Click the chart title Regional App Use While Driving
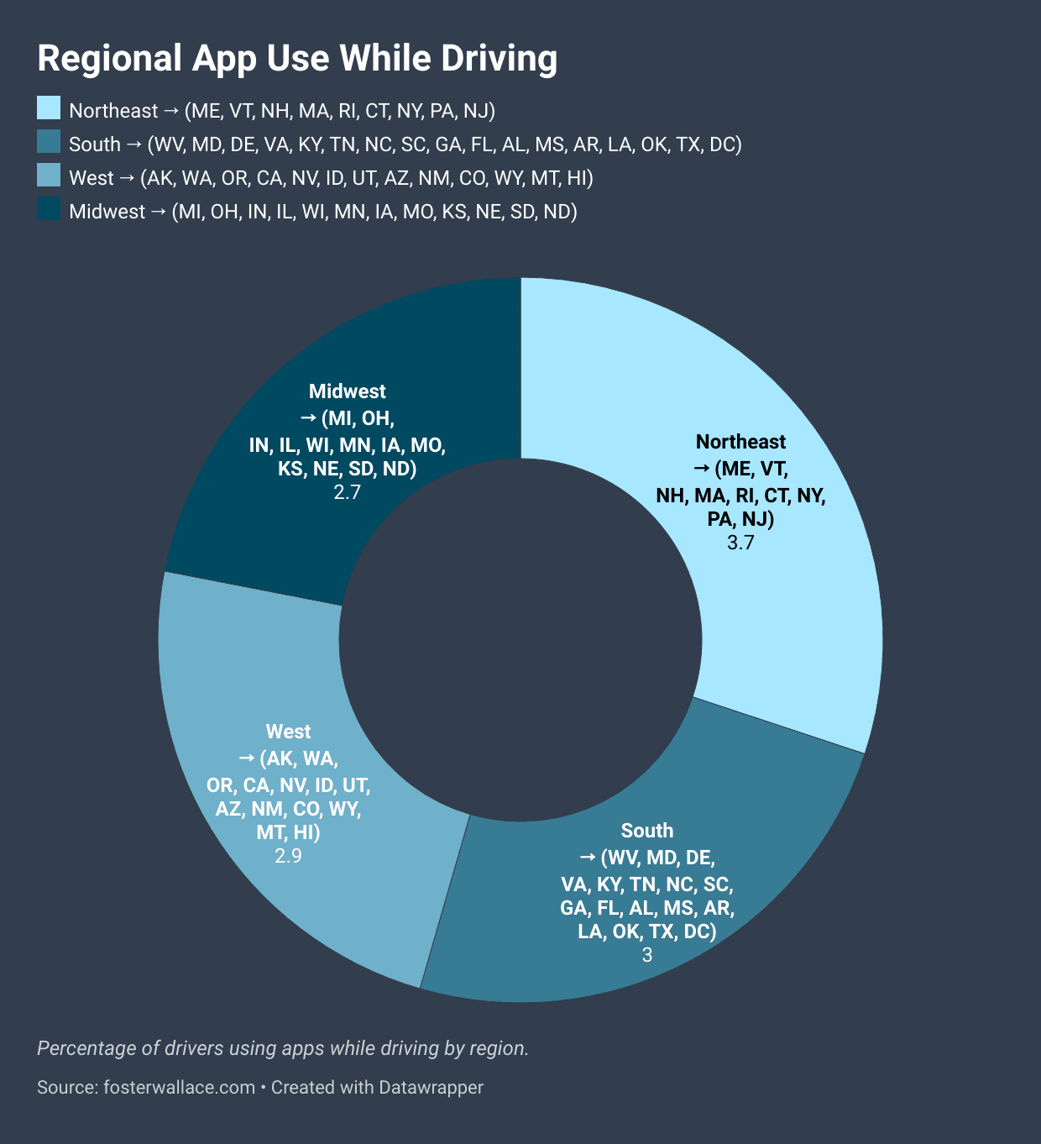click(297, 59)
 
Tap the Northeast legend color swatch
click(49, 108)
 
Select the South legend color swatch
click(49, 142)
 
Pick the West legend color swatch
click(49, 176)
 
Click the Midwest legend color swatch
click(49, 209)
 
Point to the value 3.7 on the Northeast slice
click(740, 543)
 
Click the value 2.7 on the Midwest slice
click(347, 492)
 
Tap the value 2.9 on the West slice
click(288, 856)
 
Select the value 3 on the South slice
click(647, 955)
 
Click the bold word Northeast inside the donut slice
click(740, 442)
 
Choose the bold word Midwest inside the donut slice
click(347, 391)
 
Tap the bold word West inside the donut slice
click(288, 732)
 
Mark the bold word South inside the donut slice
click(647, 831)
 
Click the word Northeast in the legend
click(113, 111)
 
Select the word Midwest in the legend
click(107, 212)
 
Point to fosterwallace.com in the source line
click(179, 1088)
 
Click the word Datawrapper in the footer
click(431, 1088)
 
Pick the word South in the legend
click(95, 144)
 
